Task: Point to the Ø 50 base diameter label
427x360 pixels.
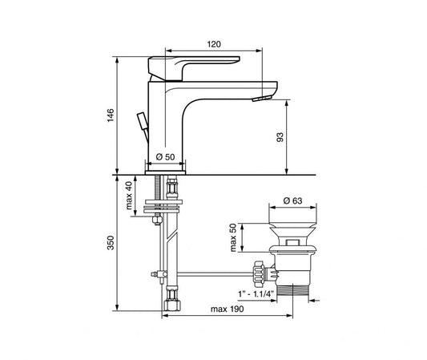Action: [165, 156]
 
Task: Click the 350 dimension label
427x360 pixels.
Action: [111, 243]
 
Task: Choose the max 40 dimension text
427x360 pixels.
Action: [128, 195]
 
